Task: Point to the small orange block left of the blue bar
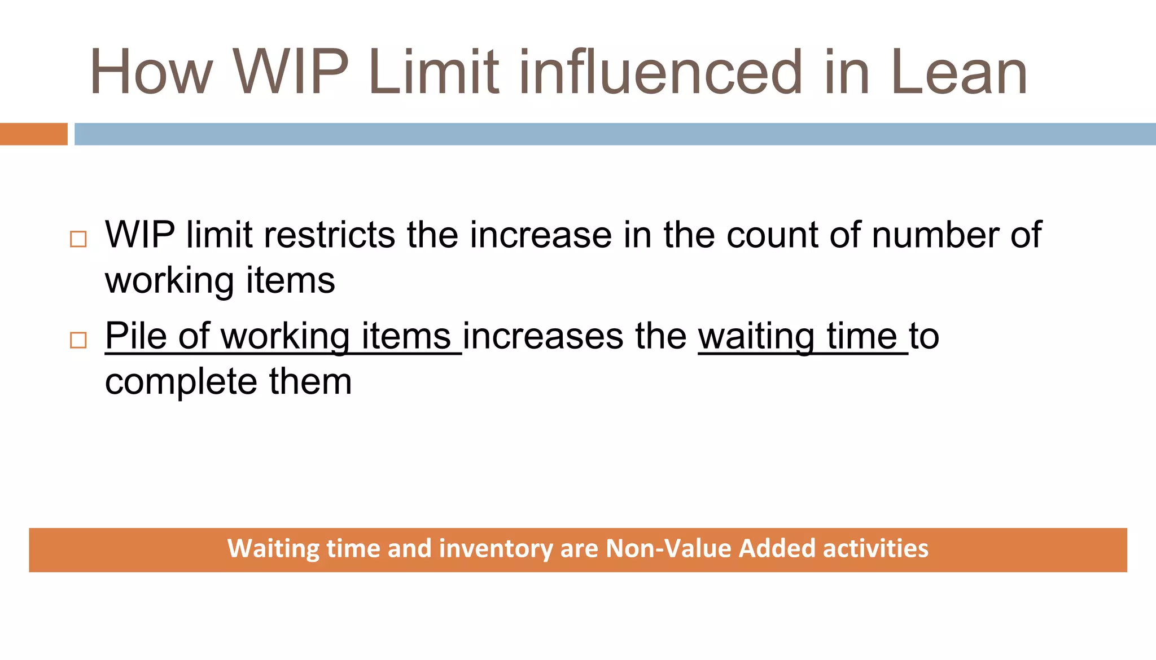pos(33,134)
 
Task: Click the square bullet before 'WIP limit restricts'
pos(78,239)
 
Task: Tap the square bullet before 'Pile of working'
pos(78,340)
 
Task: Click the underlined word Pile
pos(135,336)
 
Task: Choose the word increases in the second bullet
pos(542,336)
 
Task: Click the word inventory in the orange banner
pos(496,549)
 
